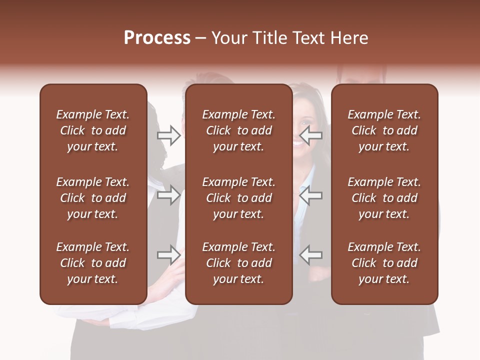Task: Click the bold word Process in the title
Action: click(157, 38)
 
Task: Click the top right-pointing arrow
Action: click(168, 135)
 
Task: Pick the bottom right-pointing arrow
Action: click(168, 254)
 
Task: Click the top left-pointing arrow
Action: click(310, 135)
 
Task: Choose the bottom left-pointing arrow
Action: click(310, 254)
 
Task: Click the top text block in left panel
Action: click(93, 130)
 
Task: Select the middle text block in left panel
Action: click(93, 198)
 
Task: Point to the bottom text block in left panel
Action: click(93, 263)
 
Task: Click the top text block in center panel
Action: click(238, 130)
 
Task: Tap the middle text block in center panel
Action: click(238, 198)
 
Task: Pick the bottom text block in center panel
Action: click(238, 263)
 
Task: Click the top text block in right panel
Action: click(384, 130)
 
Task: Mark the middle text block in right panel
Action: click(384, 198)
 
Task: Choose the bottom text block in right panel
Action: click(384, 263)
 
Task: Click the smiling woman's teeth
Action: click(298, 142)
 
